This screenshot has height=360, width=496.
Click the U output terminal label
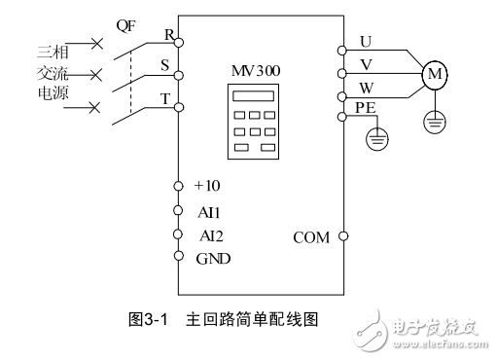coord(366,41)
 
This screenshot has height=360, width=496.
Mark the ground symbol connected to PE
coord(373,139)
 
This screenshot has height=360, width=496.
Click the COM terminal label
coord(312,236)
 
